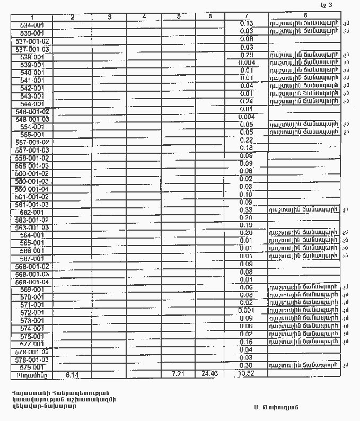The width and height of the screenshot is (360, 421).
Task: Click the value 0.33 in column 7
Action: [x=245, y=210]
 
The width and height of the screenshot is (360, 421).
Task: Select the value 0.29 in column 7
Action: [x=246, y=55]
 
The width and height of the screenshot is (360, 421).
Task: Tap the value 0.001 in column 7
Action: [x=247, y=310]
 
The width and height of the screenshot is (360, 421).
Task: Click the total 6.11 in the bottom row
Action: [x=72, y=374]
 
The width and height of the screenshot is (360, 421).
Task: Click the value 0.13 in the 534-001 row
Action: [x=246, y=24]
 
